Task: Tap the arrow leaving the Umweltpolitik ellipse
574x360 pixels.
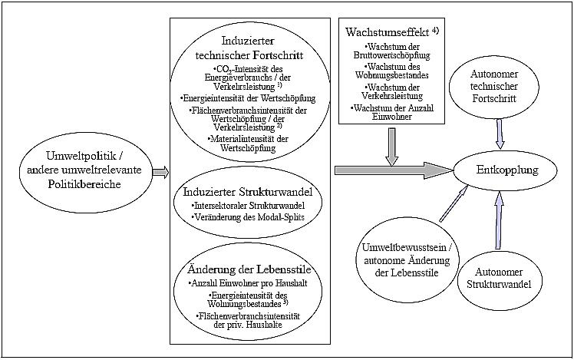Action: click(160, 171)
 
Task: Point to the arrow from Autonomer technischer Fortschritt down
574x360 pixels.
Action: click(500, 135)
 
